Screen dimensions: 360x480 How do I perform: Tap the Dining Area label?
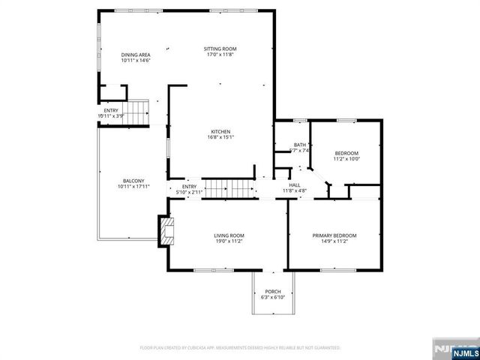(x=136, y=55)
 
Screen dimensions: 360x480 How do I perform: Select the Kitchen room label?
(x=220, y=131)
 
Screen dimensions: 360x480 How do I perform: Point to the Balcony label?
(x=133, y=181)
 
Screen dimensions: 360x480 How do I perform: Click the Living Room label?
(x=229, y=235)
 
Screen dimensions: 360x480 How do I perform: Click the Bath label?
(x=299, y=145)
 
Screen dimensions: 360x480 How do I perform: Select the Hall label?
(x=295, y=184)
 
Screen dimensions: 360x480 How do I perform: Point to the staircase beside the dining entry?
(x=136, y=113)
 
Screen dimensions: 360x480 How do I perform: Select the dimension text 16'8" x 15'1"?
(x=220, y=136)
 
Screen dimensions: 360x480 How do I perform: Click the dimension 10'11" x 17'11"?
(x=133, y=186)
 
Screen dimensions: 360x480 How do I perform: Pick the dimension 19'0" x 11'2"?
(x=229, y=241)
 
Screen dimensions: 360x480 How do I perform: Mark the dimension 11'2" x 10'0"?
(x=346, y=158)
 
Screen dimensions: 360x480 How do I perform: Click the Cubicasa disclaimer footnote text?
(x=240, y=348)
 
